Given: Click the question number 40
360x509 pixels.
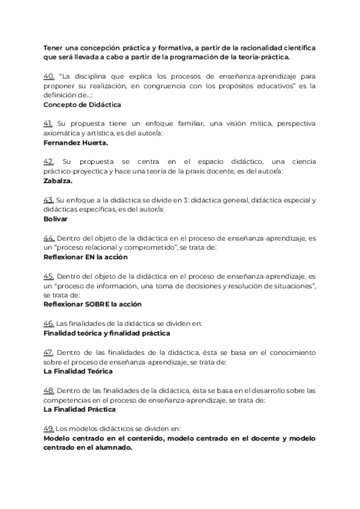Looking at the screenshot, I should pos(49,76).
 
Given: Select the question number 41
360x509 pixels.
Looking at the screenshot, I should pos(49,123).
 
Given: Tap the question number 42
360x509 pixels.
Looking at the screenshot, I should pos(49,161).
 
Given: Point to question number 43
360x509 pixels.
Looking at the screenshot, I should pos(49,200).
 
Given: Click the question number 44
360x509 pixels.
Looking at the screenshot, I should pos(49,238).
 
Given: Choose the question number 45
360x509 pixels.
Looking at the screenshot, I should pos(49,276).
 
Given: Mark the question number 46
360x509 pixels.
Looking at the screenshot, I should pos(49,323).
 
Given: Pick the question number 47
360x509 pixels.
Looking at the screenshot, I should pos(49,352).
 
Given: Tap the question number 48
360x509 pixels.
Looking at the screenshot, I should pos(49,390).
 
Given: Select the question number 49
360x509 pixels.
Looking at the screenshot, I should pos(49,429).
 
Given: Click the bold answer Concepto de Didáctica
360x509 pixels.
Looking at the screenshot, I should pos(82,104).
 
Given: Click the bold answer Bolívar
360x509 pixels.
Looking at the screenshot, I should pos(56,219).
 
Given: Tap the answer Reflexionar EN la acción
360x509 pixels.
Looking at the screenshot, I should pos(85,257).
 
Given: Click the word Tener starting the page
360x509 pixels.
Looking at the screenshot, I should pos(53,48).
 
